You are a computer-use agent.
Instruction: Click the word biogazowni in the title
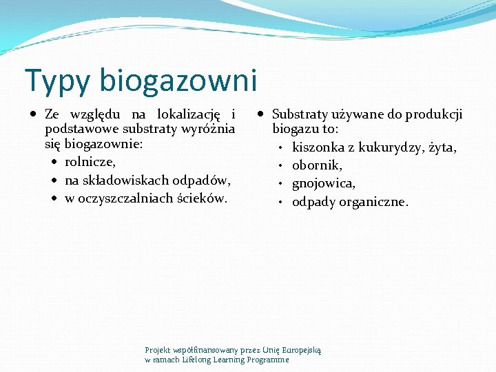tap(178, 80)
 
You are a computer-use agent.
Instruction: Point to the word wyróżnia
tap(211, 130)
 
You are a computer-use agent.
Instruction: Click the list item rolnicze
tap(90, 163)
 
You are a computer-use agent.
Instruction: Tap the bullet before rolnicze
tap(55, 163)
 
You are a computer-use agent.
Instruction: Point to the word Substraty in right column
tap(300, 114)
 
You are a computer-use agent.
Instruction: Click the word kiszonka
tap(318, 147)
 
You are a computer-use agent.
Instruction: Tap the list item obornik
tap(317, 165)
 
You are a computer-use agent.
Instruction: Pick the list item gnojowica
tap(324, 183)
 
